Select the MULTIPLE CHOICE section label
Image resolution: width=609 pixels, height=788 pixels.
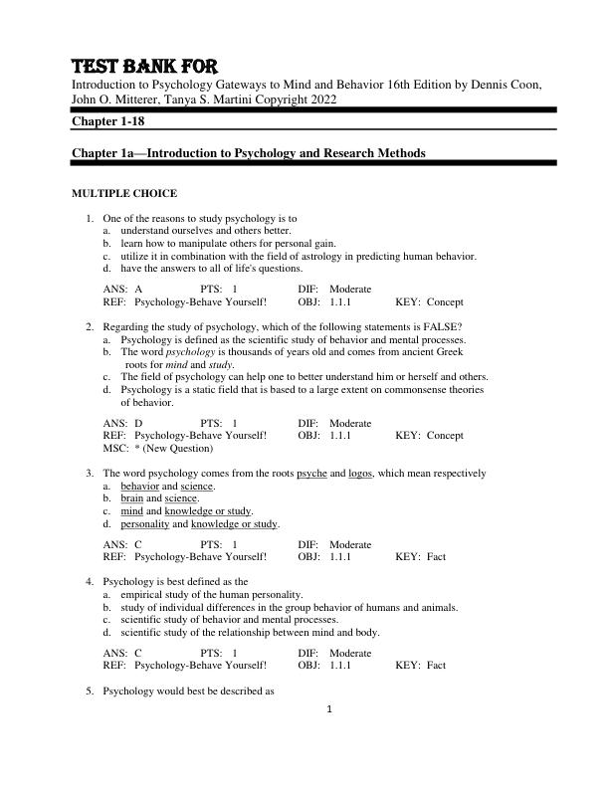(x=124, y=193)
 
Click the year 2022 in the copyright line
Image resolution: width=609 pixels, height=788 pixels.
(x=319, y=99)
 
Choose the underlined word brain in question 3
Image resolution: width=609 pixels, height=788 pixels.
(x=132, y=498)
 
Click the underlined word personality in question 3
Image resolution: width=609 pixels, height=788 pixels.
(x=145, y=524)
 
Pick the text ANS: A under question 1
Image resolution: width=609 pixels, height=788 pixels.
(x=122, y=289)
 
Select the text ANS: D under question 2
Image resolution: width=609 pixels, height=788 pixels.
(x=122, y=423)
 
